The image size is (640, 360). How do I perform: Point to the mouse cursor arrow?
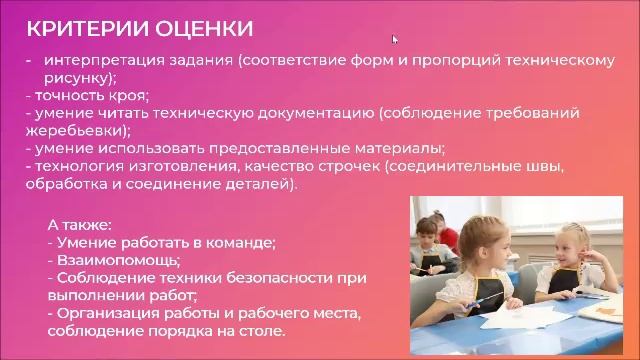click(395, 40)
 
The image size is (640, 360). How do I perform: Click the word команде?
click(241, 242)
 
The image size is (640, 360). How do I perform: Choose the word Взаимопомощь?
click(111, 260)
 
